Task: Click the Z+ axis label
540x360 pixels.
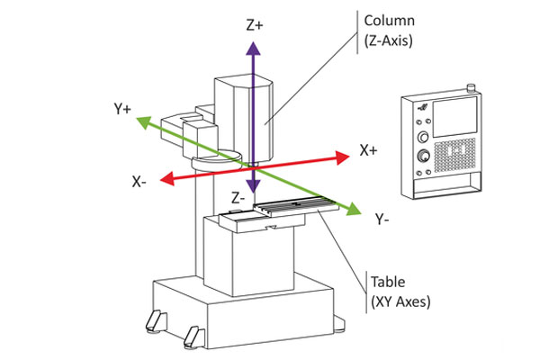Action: [255, 25]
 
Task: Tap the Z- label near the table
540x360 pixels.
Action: [238, 198]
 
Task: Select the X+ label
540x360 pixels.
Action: [368, 150]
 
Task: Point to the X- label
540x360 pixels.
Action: [139, 182]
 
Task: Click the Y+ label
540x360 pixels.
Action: [122, 109]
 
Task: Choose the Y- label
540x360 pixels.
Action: [382, 219]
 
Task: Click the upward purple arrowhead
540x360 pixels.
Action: [253, 49]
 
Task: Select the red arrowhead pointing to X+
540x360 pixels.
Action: [342, 157]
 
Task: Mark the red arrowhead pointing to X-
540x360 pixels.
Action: [167, 179]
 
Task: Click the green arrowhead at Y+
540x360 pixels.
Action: [144, 122]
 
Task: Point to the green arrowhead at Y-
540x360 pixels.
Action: [354, 210]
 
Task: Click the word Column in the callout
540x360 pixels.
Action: [389, 21]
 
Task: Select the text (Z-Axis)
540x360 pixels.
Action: [389, 40]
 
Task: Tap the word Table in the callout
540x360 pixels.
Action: [388, 282]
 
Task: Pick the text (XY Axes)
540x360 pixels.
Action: [400, 301]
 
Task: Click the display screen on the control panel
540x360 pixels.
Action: [454, 117]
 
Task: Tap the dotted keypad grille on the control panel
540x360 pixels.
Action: [454, 155]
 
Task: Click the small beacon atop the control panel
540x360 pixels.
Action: [471, 88]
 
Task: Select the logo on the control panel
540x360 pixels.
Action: [423, 107]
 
